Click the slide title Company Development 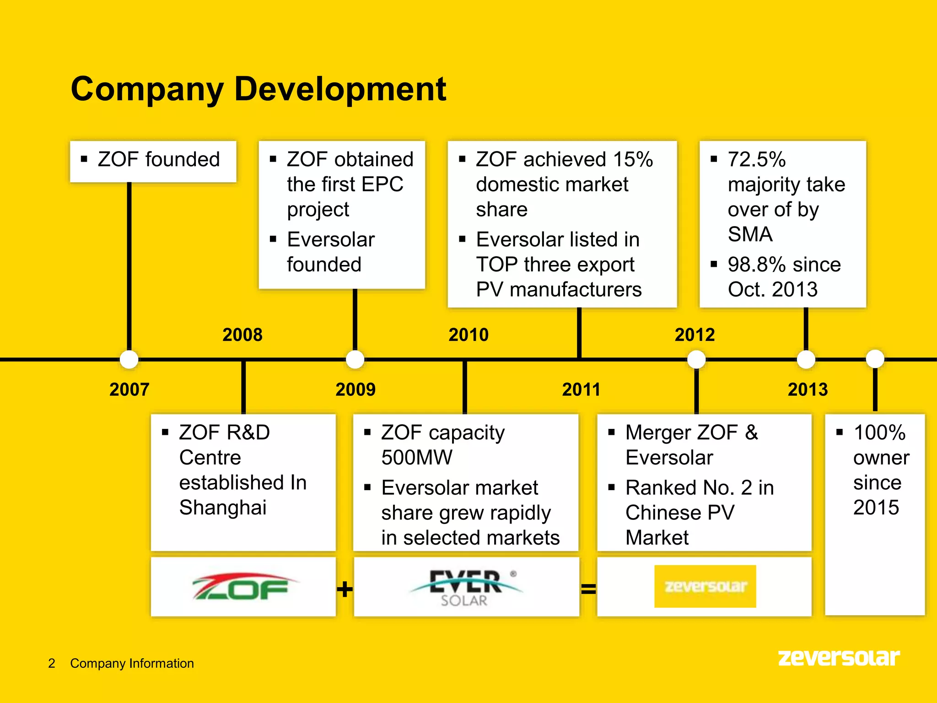258,89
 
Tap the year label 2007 129,389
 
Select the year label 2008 242,335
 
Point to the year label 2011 581,389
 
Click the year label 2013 808,389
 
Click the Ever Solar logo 466,588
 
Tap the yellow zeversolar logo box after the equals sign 705,586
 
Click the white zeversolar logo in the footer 839,658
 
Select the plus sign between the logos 345,589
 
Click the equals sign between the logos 588,589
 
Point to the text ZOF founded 158,160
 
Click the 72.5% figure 757,160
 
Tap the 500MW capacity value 417,457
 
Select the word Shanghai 223,508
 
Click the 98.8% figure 757,265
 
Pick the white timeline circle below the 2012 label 696,359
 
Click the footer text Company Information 132,663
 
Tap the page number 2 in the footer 52,663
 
